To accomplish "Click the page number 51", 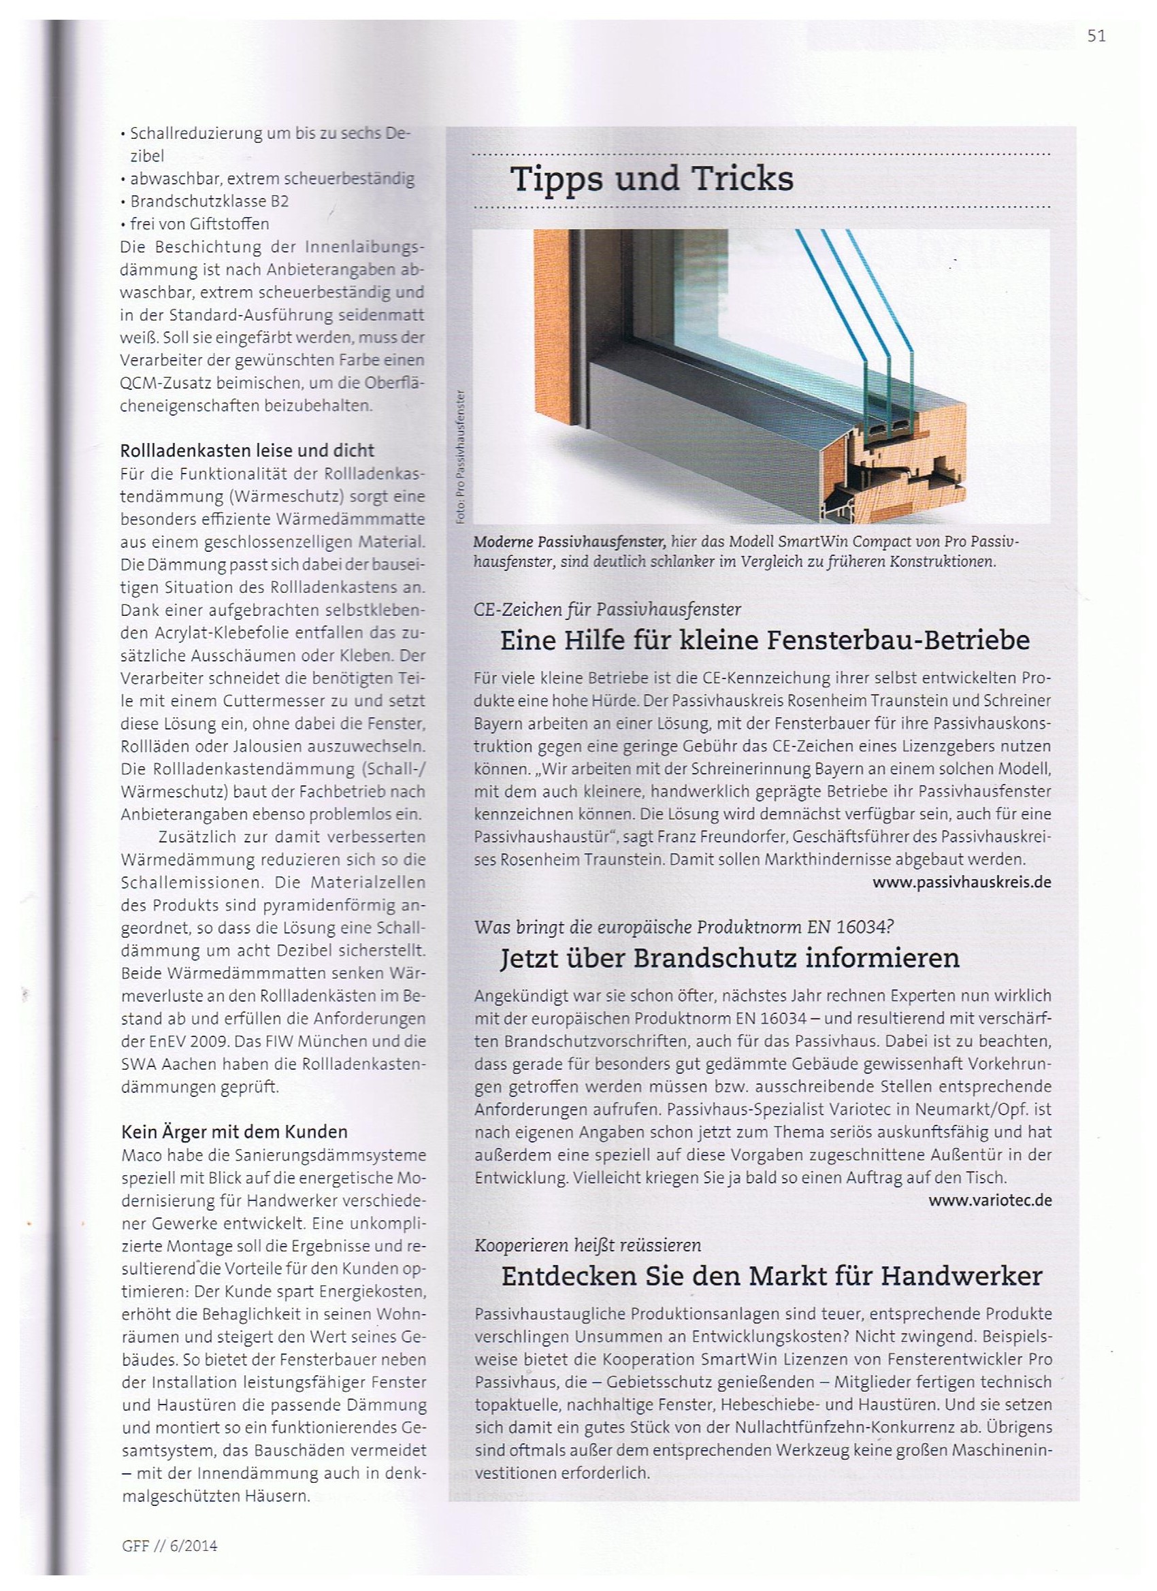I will coord(1096,37).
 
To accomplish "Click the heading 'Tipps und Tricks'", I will coord(652,180).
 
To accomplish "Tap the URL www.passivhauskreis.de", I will coord(962,883).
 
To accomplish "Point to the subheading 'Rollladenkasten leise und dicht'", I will coord(248,450).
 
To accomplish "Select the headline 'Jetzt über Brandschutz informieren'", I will coord(730,958).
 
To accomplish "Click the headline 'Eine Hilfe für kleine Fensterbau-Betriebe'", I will coord(765,640).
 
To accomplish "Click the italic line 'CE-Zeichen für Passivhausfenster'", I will coord(608,610).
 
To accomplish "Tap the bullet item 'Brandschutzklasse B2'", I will coord(209,201).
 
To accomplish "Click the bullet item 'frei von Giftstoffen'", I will coord(199,225).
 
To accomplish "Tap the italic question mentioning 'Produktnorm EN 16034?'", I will coord(684,927).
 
